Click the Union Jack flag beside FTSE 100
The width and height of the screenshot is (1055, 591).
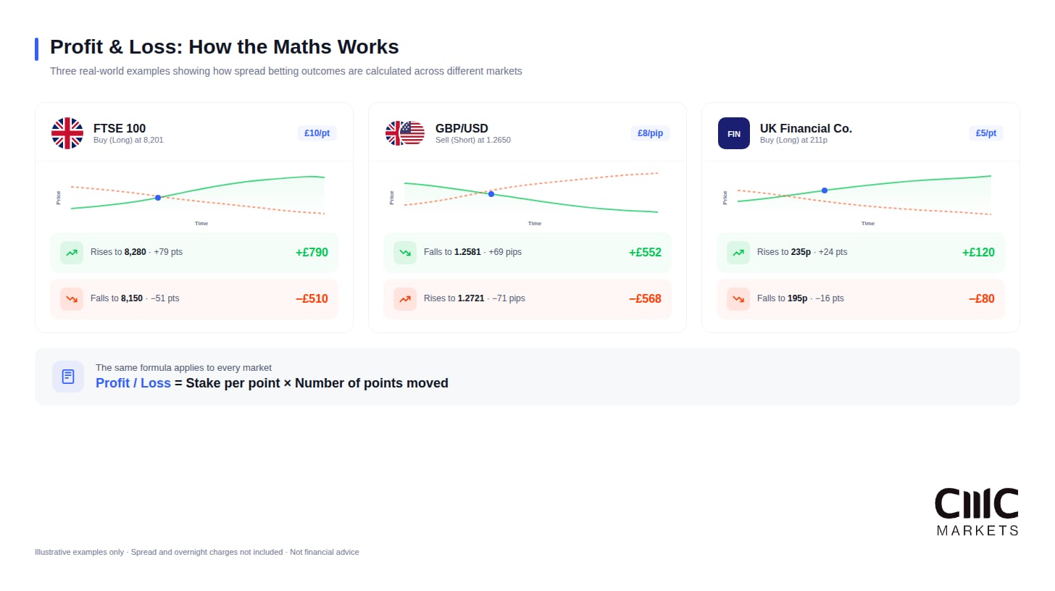point(67,133)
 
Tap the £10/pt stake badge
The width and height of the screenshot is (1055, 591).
point(317,133)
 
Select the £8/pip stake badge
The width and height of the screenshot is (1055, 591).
point(651,133)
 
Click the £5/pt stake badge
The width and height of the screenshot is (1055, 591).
point(986,133)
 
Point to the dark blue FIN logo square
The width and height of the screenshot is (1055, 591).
point(734,133)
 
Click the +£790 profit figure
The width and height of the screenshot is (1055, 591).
point(312,253)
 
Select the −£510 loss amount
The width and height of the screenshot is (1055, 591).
point(312,299)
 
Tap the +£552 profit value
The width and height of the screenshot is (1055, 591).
point(645,253)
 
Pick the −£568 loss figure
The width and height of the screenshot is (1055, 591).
point(645,299)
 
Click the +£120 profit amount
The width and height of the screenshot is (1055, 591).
point(978,253)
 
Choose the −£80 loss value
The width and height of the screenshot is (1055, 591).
point(981,299)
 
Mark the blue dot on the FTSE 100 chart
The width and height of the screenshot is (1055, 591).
point(158,198)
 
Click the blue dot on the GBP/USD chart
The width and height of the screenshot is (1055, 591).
point(491,194)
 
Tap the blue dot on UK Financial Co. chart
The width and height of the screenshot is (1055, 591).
point(825,190)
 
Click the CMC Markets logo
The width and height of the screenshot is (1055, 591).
point(977,511)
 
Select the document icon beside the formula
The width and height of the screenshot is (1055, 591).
point(68,377)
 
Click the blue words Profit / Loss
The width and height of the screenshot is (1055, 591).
point(133,383)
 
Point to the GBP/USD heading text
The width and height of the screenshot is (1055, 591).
point(462,128)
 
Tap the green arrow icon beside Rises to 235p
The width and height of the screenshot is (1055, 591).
point(738,253)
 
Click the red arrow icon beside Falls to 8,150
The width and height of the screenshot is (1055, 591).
point(72,299)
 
